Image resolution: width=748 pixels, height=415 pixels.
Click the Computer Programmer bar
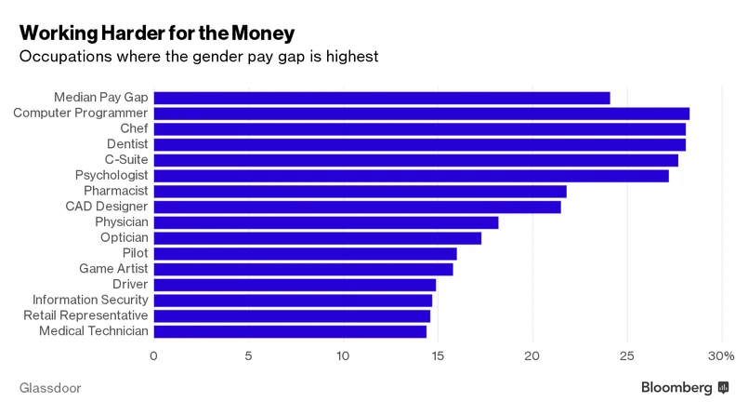pos(421,114)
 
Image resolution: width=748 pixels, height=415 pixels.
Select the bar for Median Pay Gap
pos(381,98)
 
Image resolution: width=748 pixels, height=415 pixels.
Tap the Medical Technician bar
pos(290,331)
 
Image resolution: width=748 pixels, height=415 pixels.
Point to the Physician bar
pos(325,222)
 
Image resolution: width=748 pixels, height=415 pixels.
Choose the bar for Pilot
pos(305,253)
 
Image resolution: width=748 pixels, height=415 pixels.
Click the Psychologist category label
pos(112,175)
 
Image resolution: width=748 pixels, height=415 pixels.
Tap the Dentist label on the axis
pos(125,144)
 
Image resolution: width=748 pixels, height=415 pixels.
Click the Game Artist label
pos(113,269)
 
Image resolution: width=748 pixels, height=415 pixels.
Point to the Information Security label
pos(90,300)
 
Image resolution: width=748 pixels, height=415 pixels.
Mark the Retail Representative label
pos(85,315)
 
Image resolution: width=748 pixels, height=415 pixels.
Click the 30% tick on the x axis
pos(721,355)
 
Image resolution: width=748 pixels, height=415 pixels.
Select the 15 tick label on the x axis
pos(438,355)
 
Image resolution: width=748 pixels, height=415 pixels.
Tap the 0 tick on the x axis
pos(153,355)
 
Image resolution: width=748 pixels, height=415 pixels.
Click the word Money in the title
pos(262,33)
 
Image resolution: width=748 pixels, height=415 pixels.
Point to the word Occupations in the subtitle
pos(68,57)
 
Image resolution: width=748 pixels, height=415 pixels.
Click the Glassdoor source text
pos(51,386)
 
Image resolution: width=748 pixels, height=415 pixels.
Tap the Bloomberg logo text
pos(676,386)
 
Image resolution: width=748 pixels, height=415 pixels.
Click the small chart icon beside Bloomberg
pos(723,386)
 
